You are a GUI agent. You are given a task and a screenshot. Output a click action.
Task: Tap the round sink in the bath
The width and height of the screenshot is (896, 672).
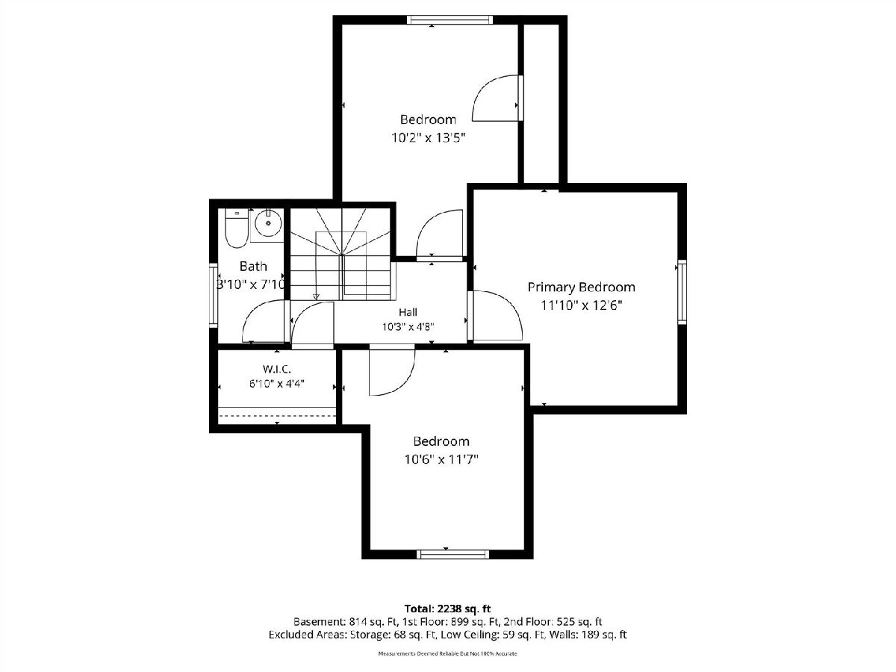(268, 223)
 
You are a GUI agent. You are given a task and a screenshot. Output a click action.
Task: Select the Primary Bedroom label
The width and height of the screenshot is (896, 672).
(581, 287)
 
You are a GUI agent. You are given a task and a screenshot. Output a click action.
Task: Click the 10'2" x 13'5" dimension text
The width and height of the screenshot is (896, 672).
(429, 138)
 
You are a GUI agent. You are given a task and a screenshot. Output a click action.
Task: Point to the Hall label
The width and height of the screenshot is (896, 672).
(408, 313)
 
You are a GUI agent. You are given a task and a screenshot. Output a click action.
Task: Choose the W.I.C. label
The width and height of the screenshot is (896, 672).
(277, 370)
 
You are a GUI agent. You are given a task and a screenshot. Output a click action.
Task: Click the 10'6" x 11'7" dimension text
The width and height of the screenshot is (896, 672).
(441, 460)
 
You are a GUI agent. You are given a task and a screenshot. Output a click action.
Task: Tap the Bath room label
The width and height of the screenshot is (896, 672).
(253, 267)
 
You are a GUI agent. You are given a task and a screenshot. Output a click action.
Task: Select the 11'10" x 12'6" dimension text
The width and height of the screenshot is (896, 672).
(581, 305)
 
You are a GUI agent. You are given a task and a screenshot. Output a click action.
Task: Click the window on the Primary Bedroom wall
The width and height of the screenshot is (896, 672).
(682, 292)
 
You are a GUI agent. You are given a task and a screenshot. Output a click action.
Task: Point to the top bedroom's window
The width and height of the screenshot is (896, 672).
(449, 19)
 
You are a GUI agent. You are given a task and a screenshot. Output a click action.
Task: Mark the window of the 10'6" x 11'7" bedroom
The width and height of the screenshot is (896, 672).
(453, 554)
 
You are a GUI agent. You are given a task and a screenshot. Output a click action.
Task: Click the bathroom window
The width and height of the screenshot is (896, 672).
(214, 296)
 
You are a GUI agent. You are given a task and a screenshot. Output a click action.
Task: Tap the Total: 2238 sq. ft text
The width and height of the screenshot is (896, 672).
(448, 609)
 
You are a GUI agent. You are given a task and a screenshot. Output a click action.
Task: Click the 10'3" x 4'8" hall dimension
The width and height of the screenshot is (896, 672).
(408, 327)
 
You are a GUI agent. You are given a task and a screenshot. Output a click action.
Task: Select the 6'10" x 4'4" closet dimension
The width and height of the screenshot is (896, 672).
(277, 384)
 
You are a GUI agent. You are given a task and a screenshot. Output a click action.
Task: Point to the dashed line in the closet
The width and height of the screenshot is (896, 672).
(278, 416)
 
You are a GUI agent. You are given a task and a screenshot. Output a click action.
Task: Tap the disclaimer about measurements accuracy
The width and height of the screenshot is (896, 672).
(447, 654)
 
